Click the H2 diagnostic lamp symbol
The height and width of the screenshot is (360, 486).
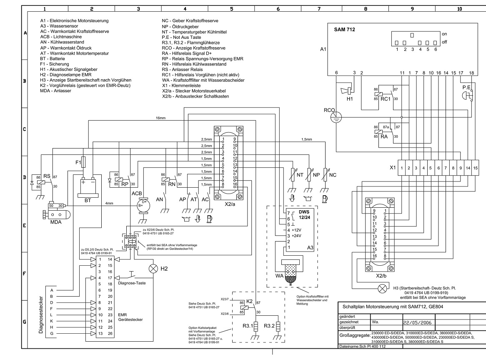coord(153,269)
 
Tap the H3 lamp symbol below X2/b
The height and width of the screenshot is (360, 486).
coord(383,288)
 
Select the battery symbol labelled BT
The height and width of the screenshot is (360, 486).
coord(88,187)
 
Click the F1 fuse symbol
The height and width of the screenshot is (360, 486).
coord(83,162)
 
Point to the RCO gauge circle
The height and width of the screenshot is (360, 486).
coord(336,117)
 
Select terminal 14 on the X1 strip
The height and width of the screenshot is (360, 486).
coord(468,168)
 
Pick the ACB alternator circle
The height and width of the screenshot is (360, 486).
coord(143,205)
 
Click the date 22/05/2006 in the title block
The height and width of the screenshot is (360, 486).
coord(417,322)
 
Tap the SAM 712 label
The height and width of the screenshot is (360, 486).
coord(344,30)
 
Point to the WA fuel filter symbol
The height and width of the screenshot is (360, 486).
coord(291,272)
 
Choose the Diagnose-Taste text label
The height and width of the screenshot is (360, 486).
coord(132,283)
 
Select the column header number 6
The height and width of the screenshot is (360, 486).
coord(278,9)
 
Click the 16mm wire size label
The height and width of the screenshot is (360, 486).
coord(160,118)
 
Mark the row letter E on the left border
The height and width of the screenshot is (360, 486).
coord(25,226)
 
